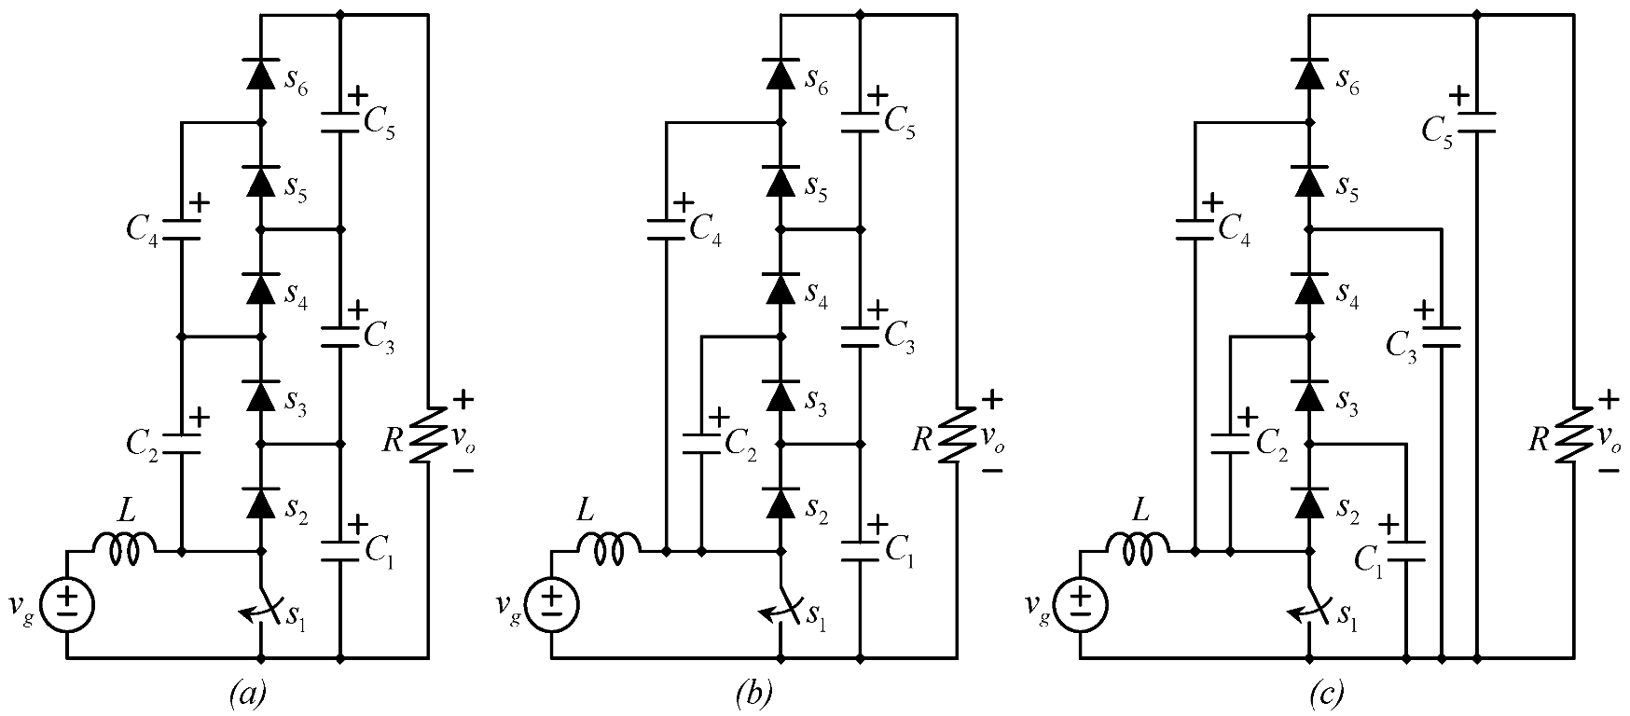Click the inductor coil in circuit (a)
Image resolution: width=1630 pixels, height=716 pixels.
point(124,550)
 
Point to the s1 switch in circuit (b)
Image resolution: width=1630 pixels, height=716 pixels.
point(782,609)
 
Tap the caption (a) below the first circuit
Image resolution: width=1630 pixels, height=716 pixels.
point(247,694)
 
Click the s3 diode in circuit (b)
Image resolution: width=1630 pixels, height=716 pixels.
point(782,396)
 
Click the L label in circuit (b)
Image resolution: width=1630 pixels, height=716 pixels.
point(585,510)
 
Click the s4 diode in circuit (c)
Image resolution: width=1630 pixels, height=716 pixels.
point(1310,289)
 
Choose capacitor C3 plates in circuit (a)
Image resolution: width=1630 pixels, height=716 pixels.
point(339,336)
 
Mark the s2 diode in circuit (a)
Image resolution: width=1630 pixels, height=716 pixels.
point(261,503)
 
